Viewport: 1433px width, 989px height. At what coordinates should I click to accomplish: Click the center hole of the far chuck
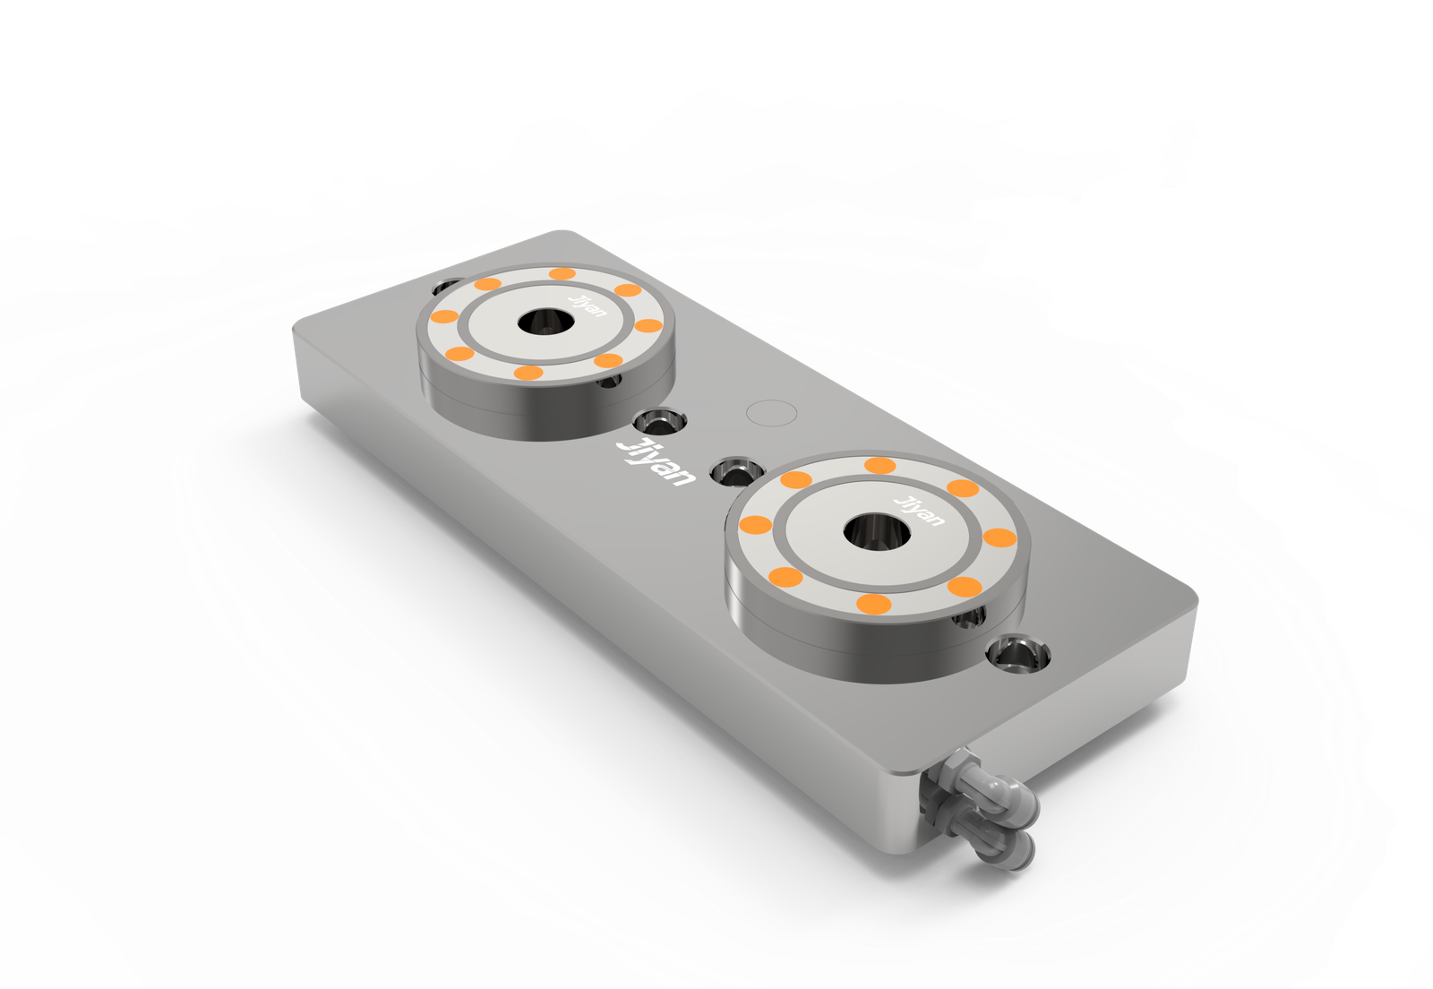pos(545,321)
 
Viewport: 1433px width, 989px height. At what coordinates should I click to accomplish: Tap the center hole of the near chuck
pos(877,532)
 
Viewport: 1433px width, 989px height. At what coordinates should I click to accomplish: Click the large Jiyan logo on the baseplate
pos(655,462)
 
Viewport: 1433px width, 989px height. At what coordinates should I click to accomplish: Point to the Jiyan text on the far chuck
pos(588,305)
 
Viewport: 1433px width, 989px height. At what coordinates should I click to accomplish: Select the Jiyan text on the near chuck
pos(919,511)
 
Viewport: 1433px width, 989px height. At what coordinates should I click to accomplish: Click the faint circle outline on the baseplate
pos(771,413)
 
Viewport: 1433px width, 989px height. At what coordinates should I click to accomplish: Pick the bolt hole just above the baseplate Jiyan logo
pos(659,422)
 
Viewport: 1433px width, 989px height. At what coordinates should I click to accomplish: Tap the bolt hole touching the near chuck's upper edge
pos(736,472)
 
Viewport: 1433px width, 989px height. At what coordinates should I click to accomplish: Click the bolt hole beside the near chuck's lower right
pos(1018,654)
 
